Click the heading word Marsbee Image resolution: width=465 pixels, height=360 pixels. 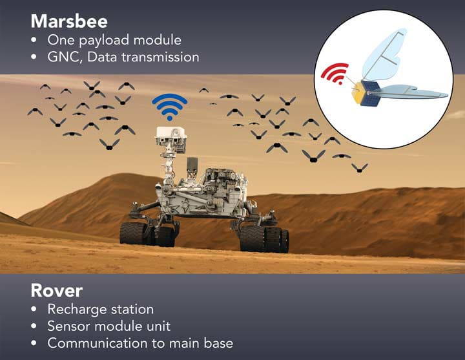click(x=68, y=21)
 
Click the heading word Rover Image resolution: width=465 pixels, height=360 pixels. click(x=57, y=290)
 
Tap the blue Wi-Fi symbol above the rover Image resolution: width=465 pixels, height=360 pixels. click(x=169, y=109)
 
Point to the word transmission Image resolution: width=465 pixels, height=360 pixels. click(x=160, y=57)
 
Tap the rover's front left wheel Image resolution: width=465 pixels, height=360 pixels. click(x=134, y=233)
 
